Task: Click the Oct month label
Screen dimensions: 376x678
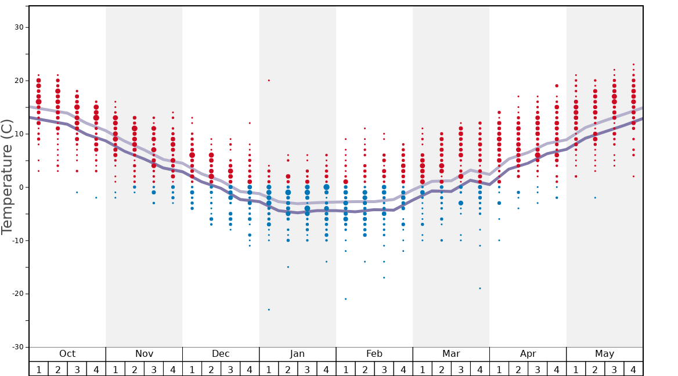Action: click(67, 354)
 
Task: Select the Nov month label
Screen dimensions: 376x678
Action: click(144, 354)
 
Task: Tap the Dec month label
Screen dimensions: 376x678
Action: click(221, 354)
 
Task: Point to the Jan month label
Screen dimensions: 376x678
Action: click(297, 354)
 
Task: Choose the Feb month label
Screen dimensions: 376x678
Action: click(374, 354)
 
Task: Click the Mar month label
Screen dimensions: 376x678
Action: click(451, 354)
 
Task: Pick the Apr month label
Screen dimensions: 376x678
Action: click(528, 354)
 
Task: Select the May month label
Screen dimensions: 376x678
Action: click(604, 354)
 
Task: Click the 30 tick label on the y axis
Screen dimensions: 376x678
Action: click(19, 27)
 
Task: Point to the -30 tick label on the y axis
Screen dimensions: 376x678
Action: click(17, 347)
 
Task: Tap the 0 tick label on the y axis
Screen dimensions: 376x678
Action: click(21, 187)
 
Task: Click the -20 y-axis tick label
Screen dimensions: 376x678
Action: click(17, 294)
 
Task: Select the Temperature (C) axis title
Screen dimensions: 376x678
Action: click(7, 177)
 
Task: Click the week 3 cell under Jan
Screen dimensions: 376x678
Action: click(307, 369)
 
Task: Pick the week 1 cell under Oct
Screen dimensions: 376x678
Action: click(39, 369)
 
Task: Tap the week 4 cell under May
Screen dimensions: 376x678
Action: click(633, 369)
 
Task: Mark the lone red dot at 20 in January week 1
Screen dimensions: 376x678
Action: click(269, 81)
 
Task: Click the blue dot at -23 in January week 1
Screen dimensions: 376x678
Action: click(269, 310)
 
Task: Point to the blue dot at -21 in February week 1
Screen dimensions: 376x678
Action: click(345, 299)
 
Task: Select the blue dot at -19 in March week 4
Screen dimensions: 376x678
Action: click(480, 288)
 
